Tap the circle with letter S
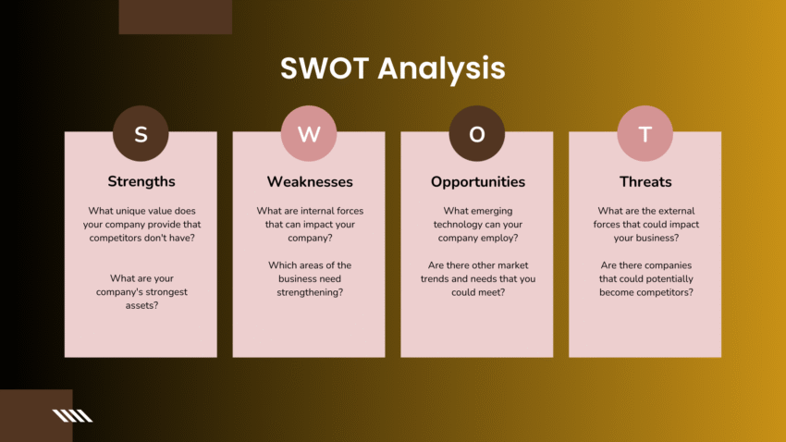point(141,134)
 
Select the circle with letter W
point(309,134)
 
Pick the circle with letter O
point(476,134)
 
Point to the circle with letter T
point(645,134)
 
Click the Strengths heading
point(141,181)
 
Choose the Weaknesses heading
point(309,181)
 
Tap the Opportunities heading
point(477,181)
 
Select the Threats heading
point(645,181)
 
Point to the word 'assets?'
point(141,305)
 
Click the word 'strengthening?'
point(309,292)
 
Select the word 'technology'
point(455,225)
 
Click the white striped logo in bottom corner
point(73,415)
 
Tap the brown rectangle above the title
point(176,17)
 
